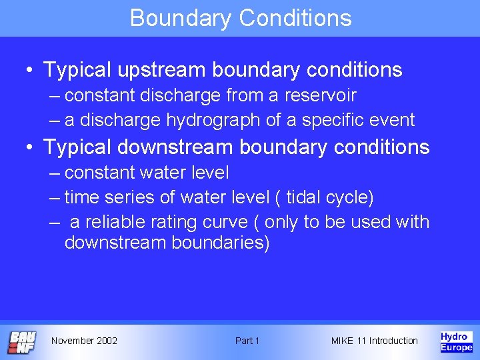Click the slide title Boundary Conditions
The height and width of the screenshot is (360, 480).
[x=241, y=18]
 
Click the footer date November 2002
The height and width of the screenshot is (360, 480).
[x=84, y=341]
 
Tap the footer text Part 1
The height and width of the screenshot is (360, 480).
[x=247, y=341]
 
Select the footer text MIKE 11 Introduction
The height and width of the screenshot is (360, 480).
[x=374, y=341]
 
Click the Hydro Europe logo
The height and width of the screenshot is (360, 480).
[x=456, y=341]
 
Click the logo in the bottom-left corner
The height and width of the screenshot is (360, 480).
[x=22, y=342]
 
